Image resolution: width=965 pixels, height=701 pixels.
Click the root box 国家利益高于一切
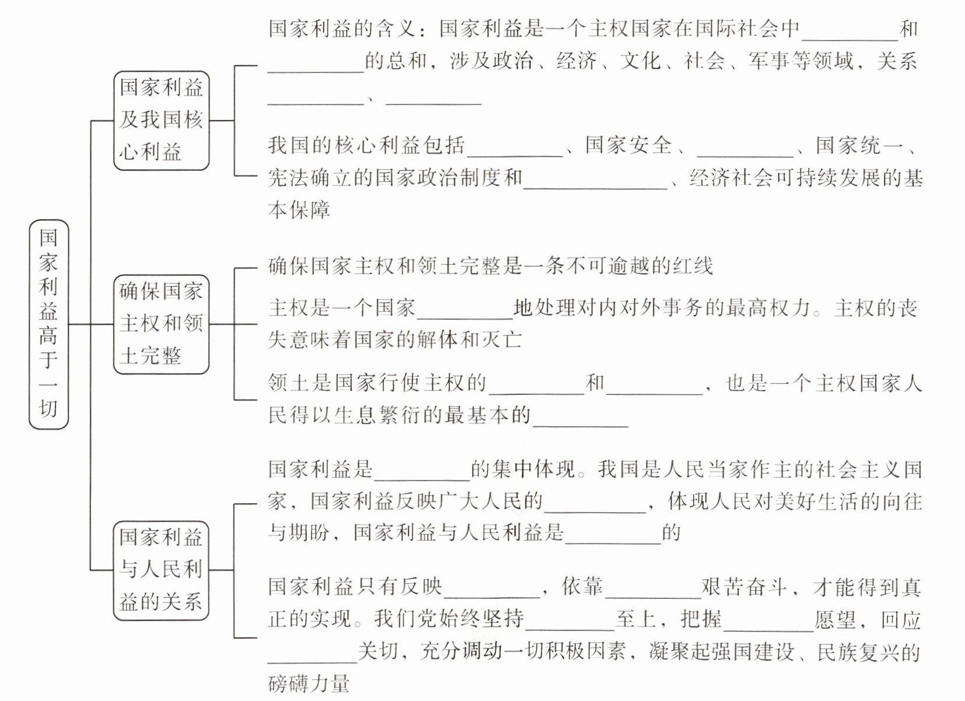tap(48, 324)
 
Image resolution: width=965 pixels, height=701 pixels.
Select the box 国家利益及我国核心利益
tap(161, 121)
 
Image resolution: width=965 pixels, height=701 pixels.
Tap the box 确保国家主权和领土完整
tap(161, 324)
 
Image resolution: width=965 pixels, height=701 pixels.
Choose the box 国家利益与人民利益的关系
tap(161, 570)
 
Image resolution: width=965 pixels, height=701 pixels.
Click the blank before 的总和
tap(316, 64)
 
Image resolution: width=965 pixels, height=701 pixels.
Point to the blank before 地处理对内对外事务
tap(465, 310)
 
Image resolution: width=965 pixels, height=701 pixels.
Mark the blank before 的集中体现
tap(422, 472)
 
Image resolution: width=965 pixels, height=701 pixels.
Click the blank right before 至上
tap(570, 622)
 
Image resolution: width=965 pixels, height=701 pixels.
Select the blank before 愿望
tap(768, 622)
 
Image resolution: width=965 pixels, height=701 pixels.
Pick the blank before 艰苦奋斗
tap(653, 590)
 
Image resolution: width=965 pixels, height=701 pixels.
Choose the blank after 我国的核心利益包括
tap(515, 148)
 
